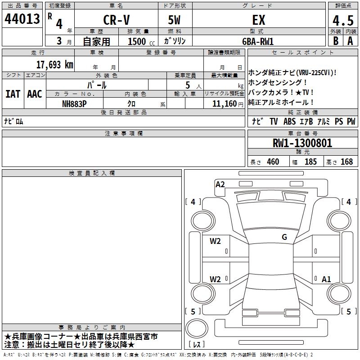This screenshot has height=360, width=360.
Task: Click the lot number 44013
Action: pos(22,20)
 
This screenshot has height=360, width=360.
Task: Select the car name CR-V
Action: pos(116,20)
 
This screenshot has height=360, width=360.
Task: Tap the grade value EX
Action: pos(259,20)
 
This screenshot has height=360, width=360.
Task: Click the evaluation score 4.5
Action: pos(342,21)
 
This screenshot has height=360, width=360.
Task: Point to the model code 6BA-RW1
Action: pos(258,41)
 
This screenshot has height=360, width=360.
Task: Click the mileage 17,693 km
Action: pos(54,64)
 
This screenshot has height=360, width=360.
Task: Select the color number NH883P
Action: pos(75,103)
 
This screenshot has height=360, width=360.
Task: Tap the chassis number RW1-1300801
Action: pos(302,143)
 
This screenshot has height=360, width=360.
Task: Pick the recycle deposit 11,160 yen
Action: pos(224,103)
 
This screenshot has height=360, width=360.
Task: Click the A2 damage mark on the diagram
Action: pos(220,184)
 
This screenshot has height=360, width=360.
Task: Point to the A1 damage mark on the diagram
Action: pos(326,279)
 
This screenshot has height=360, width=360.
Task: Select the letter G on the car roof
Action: pos(284,237)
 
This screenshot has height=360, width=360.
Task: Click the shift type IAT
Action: pos(13,94)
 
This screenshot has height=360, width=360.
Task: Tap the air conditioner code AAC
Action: pos(35,94)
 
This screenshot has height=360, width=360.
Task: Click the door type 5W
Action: pos(175,20)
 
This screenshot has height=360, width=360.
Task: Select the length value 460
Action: pos(273,162)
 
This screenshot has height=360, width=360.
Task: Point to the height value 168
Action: pos(346,162)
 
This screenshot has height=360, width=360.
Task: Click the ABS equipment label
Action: pos(289,121)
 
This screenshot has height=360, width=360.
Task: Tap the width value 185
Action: pos(310,162)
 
